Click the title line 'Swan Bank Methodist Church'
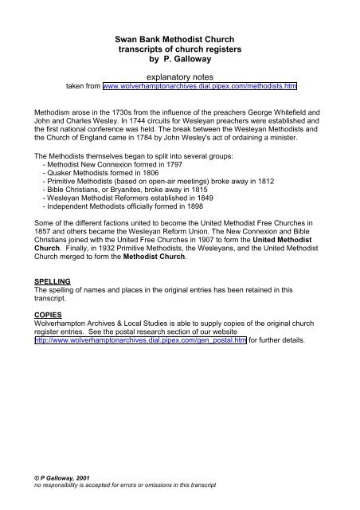click(x=179, y=37)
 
